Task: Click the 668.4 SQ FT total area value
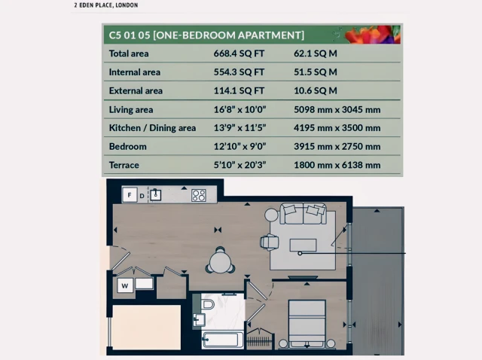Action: tap(239, 53)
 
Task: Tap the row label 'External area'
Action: tap(136, 91)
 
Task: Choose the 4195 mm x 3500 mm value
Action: tap(337, 128)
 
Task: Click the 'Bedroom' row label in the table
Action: tap(127, 146)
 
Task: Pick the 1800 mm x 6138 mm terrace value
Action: tap(337, 165)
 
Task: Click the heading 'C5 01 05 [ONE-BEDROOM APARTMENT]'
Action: tap(206, 35)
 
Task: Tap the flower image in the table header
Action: tap(372, 34)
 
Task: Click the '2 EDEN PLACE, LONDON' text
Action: tap(105, 5)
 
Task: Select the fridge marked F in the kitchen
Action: tap(129, 195)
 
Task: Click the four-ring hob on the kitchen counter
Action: tap(199, 195)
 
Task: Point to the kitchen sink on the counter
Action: tap(156, 194)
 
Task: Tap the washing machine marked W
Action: tap(124, 285)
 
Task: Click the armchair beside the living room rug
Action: tap(269, 242)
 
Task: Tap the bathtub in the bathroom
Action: tap(222, 339)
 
